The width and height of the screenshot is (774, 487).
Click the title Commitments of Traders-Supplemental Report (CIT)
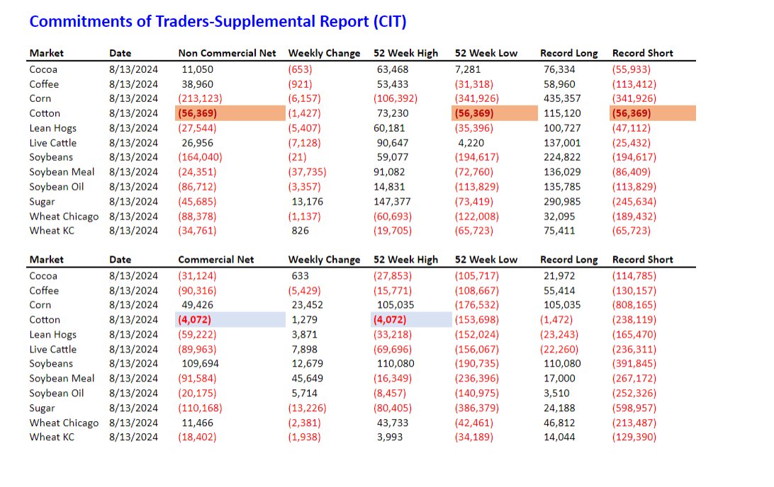point(218,22)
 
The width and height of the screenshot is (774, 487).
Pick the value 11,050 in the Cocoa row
point(197,69)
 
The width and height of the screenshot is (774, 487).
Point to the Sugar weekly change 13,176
point(305,202)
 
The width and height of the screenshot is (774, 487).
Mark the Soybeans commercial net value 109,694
point(201,364)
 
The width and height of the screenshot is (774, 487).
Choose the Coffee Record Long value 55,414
point(558,291)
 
